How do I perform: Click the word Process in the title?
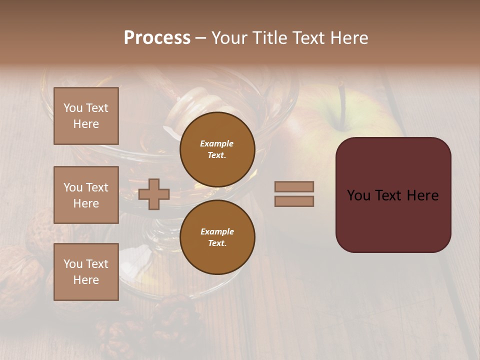[x=157, y=38]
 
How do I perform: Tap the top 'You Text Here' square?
[x=86, y=116]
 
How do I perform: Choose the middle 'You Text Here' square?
[x=86, y=195]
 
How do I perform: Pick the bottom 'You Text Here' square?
[x=86, y=271]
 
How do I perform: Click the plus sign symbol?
[x=154, y=194]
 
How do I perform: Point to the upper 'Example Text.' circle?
[x=217, y=149]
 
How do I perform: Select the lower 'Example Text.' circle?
[x=217, y=237]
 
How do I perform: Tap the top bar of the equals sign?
[x=294, y=186]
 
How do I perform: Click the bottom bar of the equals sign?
[x=294, y=201]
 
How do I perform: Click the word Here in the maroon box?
[x=422, y=195]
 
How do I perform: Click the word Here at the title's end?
[x=349, y=38]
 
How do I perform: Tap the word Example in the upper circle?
[x=216, y=143]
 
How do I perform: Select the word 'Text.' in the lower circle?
[x=217, y=243]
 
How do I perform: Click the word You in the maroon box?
[x=359, y=195]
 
